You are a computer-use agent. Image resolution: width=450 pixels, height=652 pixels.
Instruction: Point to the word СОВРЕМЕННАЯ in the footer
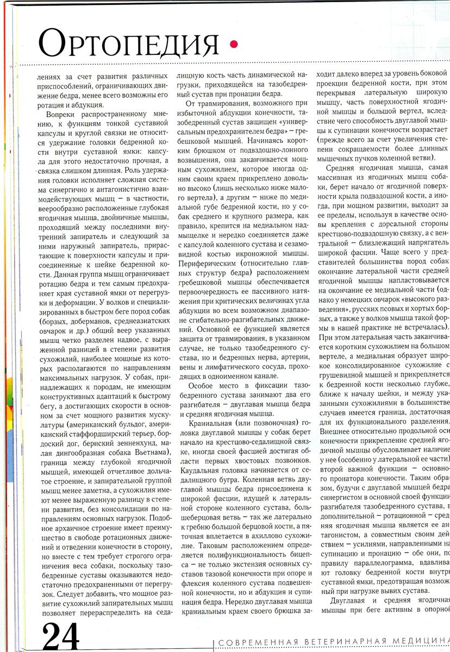pyautogui.click(x=256, y=642)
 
